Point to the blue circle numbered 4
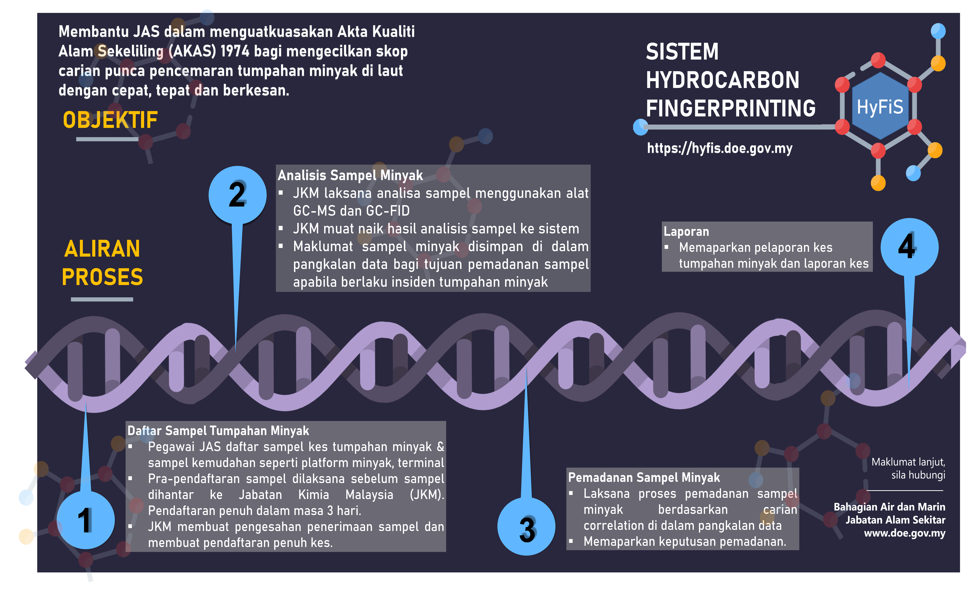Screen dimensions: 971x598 click(909, 247)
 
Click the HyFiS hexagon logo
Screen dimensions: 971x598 click(880, 106)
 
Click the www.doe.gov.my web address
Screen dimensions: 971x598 click(905, 533)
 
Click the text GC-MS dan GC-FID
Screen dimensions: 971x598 click(351, 211)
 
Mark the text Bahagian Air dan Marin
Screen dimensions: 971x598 click(889, 507)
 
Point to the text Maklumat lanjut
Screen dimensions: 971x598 click(908, 462)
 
